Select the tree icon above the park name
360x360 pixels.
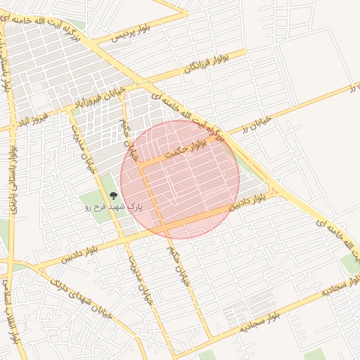pos(113,196)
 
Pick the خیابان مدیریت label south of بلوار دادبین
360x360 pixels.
pos(139,278)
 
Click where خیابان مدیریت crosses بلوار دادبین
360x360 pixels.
pos(125,241)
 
